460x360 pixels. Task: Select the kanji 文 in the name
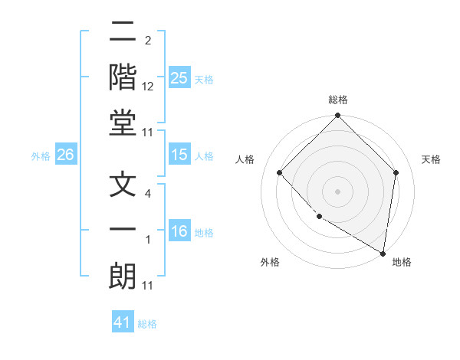coord(123,185)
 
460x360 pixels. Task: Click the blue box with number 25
coord(179,77)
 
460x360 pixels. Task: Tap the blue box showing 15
coord(179,155)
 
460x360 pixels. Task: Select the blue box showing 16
coord(179,231)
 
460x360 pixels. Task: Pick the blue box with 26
coord(65,155)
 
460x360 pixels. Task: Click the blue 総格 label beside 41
coord(147,324)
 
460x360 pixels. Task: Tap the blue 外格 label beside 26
coord(41,156)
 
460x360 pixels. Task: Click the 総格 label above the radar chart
coord(338,100)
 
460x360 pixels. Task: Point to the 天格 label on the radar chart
coord(432,159)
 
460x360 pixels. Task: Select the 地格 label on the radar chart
coord(402,262)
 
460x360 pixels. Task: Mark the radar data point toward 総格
coord(337,116)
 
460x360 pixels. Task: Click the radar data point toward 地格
coord(383,253)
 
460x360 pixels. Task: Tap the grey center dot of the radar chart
coord(337,191)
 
